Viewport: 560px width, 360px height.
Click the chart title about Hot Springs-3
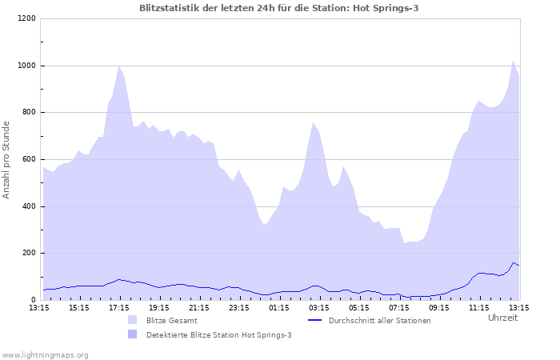pos(278,8)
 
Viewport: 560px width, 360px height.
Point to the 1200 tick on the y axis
pos(26,18)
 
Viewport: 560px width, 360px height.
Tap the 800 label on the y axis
pos(28,113)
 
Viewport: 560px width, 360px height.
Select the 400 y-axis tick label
pos(28,206)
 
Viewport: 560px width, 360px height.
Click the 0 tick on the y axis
pos(33,300)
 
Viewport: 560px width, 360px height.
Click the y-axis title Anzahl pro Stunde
pos(6,159)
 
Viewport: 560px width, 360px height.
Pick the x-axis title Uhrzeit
pos(502,318)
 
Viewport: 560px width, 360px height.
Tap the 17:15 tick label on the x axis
pos(119,307)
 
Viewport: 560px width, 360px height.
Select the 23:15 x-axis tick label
pos(239,307)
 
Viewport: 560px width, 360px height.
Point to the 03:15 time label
pos(319,307)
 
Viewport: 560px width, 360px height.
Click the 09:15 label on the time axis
pos(439,307)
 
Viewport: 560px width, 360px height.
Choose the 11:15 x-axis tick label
pos(479,307)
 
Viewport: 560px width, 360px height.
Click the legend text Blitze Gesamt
pos(173,320)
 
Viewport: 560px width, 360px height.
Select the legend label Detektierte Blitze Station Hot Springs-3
pos(218,334)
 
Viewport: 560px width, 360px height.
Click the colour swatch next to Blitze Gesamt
pos(132,320)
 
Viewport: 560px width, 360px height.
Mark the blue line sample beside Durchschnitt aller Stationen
pos(315,320)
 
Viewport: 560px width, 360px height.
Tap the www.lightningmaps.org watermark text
pos(45,354)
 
